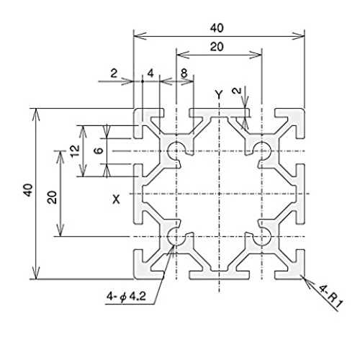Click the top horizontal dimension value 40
217,28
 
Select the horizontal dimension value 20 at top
217,47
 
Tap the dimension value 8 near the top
184,73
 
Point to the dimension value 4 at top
150,73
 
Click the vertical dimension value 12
76,151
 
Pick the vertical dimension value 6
99,150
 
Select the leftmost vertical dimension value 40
28,190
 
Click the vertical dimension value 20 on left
52,197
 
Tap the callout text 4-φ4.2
126,297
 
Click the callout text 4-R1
330,297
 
